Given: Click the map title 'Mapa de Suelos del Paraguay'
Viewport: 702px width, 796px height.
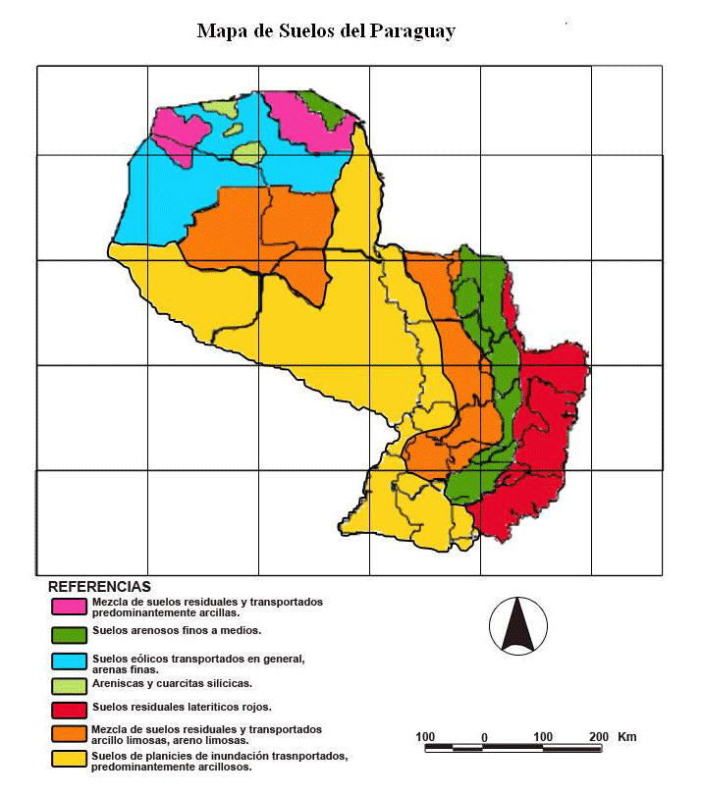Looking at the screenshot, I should coord(326,31).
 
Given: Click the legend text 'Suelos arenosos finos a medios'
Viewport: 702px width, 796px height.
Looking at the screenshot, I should coord(176,630).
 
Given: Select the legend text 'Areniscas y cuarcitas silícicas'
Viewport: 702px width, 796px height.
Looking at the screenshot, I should coord(172,683).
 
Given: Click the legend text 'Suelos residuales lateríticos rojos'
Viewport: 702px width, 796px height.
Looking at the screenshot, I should coord(182,707).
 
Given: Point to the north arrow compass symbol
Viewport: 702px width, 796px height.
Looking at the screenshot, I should coord(517,624).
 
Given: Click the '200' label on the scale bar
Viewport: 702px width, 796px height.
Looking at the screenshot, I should coord(598,736).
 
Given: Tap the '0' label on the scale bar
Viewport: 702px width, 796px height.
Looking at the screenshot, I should coord(484,736).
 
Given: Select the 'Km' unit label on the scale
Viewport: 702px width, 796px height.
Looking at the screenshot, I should coord(628,736).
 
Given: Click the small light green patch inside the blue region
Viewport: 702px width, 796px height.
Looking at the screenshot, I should coord(248,152).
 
